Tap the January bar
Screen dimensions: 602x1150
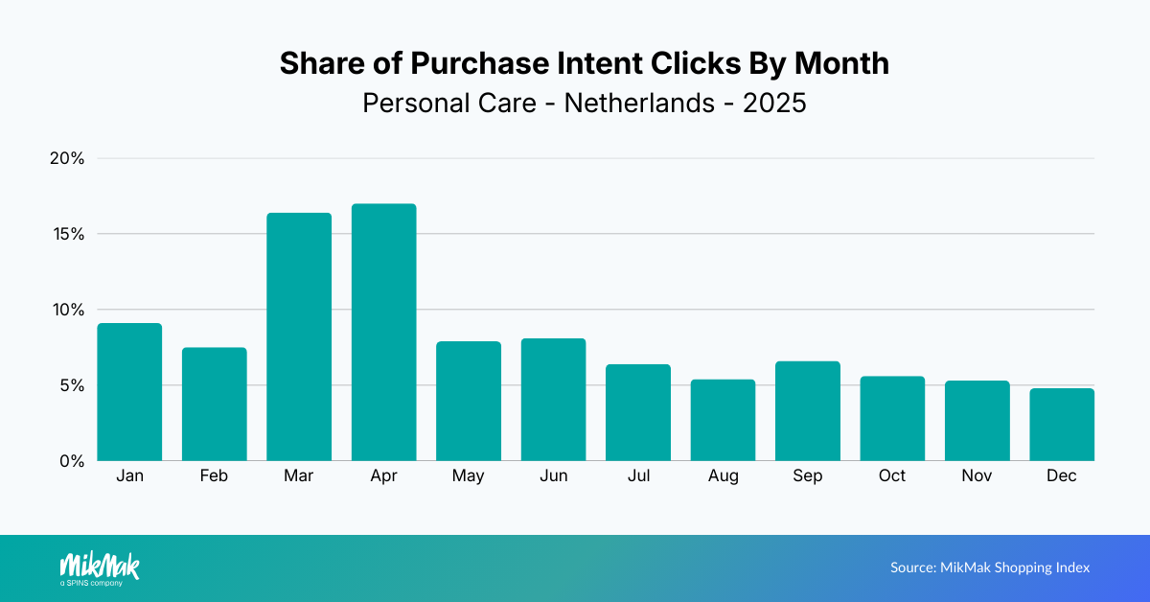tap(129, 392)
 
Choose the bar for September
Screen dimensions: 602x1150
tap(808, 411)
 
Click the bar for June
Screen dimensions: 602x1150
tap(553, 400)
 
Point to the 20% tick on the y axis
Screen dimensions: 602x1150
tap(67, 158)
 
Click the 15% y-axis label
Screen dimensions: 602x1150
tap(68, 234)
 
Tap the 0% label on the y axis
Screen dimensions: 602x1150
tap(72, 461)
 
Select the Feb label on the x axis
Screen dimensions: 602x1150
tap(214, 476)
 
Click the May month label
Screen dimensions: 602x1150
tap(469, 476)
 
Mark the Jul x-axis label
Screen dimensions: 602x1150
tap(638, 476)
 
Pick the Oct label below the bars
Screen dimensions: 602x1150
tap(892, 476)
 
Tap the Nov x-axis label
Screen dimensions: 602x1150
tap(977, 476)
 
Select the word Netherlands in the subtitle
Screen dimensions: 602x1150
tap(639, 103)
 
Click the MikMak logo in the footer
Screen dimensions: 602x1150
tap(99, 567)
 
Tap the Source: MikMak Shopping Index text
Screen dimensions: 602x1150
tap(990, 567)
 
